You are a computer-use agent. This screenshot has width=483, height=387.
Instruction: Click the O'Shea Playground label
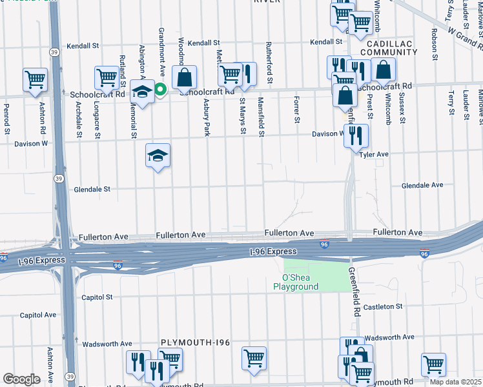[x=295, y=282]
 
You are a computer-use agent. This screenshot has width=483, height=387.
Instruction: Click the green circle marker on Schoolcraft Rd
[x=158, y=90]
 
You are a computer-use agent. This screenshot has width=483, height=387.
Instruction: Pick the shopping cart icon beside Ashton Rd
[x=35, y=80]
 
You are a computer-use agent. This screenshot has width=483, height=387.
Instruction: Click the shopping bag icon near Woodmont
[x=184, y=77]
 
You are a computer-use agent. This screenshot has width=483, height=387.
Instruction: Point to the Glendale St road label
[x=92, y=190]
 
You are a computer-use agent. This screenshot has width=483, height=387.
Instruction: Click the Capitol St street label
[x=97, y=297]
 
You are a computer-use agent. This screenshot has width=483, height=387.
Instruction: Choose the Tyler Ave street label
[x=374, y=155]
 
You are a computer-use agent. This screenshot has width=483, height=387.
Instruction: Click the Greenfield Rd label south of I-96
[x=355, y=292]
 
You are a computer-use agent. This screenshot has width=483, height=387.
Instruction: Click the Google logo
[x=21, y=379]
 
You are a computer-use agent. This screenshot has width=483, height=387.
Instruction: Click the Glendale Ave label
[x=422, y=185]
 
